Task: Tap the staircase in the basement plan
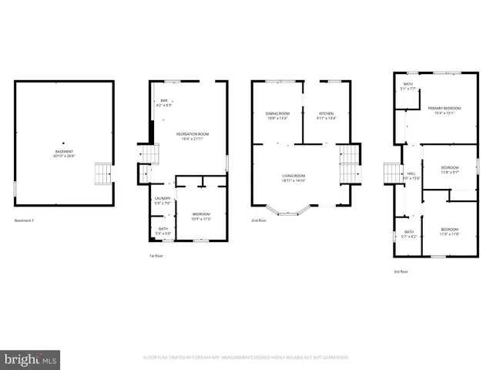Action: (102, 173)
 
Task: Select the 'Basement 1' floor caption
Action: (25, 220)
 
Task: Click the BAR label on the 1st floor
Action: (163, 103)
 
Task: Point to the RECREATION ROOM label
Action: (193, 136)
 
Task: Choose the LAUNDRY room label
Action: (163, 200)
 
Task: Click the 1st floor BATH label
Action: (163, 230)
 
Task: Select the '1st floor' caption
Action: (156, 255)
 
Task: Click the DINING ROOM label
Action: (277, 116)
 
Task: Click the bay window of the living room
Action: (288, 210)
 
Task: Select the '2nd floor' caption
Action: (259, 220)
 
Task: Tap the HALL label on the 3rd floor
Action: (411, 175)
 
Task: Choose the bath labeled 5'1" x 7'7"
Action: (408, 86)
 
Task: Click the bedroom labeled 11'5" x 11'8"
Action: (450, 230)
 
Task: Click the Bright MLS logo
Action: (31, 359)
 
